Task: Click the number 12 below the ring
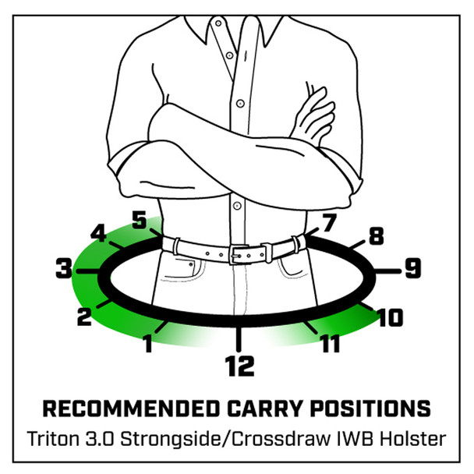pyautogui.click(x=239, y=366)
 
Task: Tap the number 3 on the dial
pyautogui.click(x=64, y=268)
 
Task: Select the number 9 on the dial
pyautogui.click(x=412, y=268)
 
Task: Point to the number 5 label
pyautogui.click(x=140, y=220)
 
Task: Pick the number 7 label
pyautogui.click(x=329, y=223)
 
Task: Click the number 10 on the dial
pyautogui.click(x=390, y=317)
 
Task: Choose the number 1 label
pyautogui.click(x=148, y=344)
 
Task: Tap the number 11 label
pyautogui.click(x=331, y=344)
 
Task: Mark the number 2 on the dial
pyautogui.click(x=84, y=317)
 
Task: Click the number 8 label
pyautogui.click(x=377, y=235)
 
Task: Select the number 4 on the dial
pyautogui.click(x=98, y=233)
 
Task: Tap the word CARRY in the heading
pyautogui.click(x=265, y=409)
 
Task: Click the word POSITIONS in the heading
pyautogui.click(x=370, y=409)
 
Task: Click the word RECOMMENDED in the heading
pyautogui.click(x=131, y=409)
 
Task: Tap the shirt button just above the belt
pyautogui.click(x=237, y=206)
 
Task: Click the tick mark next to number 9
pyautogui.click(x=387, y=271)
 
